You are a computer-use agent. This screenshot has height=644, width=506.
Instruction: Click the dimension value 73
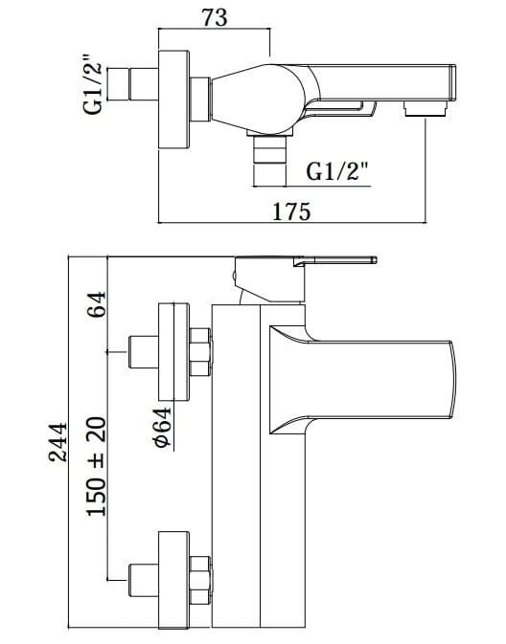214,18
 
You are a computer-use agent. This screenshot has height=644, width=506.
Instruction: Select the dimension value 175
291,211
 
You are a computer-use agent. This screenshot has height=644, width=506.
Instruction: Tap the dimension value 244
57,442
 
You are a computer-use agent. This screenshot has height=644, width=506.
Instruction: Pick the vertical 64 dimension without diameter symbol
96,305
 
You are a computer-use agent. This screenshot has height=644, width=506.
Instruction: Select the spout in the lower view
383,378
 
